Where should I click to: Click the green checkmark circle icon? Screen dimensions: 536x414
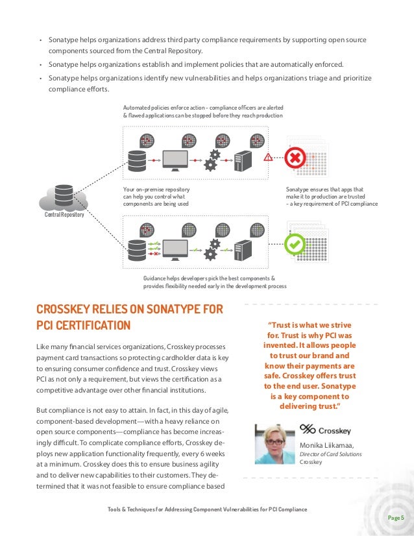click(295, 244)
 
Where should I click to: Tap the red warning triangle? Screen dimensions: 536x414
click(268, 157)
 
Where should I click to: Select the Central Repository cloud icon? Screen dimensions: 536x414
click(64, 197)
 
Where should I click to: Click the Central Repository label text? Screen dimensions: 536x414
click(64, 215)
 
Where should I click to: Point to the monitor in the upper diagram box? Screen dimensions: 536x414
click(175, 159)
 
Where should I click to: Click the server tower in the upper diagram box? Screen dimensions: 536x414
click(242, 159)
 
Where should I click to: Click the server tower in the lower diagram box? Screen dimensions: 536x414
click(242, 248)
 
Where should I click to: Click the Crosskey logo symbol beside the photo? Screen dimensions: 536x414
click(308, 429)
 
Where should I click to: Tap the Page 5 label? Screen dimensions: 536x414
click(395, 517)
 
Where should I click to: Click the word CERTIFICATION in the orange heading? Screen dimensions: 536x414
click(93, 324)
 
